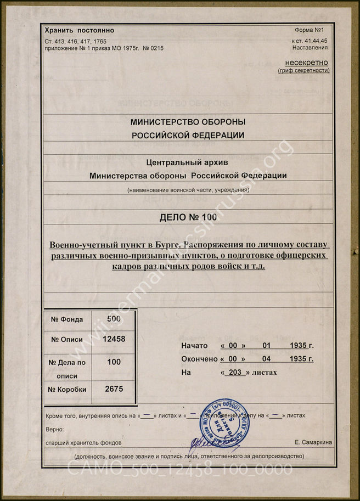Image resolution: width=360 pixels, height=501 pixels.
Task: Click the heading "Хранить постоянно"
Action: click(x=79, y=31)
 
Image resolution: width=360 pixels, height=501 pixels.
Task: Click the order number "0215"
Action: click(x=155, y=48)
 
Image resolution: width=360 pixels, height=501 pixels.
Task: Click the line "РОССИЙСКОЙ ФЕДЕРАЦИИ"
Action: click(x=188, y=135)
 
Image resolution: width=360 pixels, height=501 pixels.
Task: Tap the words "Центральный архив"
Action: click(x=188, y=162)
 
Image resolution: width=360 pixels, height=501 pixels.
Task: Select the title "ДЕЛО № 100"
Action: click(x=188, y=217)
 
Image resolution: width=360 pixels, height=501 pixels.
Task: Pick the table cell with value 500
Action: click(x=114, y=319)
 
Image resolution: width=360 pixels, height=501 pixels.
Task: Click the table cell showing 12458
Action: click(x=114, y=339)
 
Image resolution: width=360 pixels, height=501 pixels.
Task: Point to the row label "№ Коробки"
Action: click(x=69, y=390)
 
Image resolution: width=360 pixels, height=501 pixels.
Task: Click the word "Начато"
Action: click(x=194, y=346)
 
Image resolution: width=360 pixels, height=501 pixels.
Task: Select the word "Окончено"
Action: click(x=199, y=359)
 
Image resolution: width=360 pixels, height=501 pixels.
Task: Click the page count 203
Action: click(x=235, y=373)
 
